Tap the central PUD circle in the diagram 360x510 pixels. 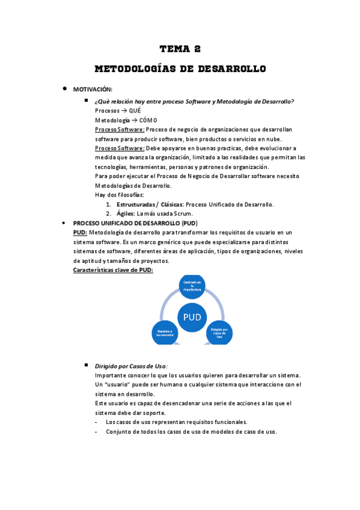pyautogui.click(x=192, y=317)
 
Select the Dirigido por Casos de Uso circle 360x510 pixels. pyautogui.click(x=219, y=333)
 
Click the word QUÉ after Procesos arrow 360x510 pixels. pyautogui.click(x=135, y=111)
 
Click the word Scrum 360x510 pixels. pyautogui.click(x=184, y=213)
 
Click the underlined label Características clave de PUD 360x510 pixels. pyautogui.click(x=113, y=270)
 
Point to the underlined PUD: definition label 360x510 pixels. pyautogui.click(x=80, y=232)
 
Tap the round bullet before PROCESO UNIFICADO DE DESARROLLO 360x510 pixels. pyautogui.click(x=64, y=223)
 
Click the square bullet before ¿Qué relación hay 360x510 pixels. pyautogui.click(x=87, y=101)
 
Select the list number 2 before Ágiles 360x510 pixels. pyautogui.click(x=108, y=213)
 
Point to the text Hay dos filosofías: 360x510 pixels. pyautogui.click(x=119, y=195)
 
